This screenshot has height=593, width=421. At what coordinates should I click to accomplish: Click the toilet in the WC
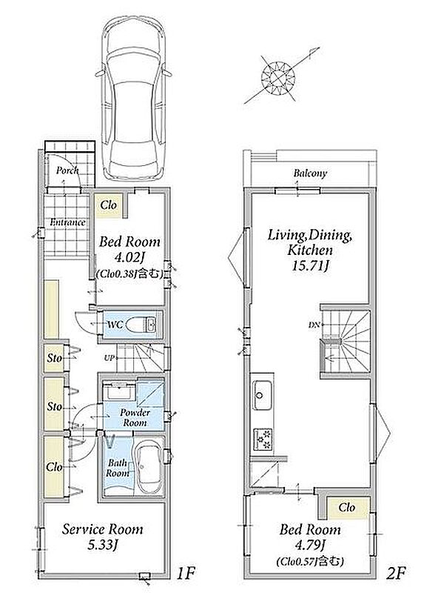(141, 325)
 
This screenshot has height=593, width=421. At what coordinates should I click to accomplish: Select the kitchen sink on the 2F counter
(262, 395)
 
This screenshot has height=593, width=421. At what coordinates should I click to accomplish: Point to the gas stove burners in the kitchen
(263, 439)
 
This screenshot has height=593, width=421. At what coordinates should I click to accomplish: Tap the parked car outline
(134, 99)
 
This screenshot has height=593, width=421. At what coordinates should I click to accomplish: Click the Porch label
(67, 170)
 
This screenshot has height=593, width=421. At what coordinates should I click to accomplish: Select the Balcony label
(310, 173)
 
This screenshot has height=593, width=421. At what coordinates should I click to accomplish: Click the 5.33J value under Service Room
(102, 545)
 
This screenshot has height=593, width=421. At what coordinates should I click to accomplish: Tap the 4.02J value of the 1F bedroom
(129, 257)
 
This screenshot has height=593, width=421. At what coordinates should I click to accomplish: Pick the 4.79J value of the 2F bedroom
(309, 545)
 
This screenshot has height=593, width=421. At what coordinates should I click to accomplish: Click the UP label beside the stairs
(109, 357)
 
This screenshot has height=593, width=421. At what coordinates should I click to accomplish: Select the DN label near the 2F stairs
(314, 325)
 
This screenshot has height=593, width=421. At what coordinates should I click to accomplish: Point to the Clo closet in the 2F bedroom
(347, 508)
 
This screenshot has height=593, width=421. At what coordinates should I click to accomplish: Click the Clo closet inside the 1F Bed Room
(108, 206)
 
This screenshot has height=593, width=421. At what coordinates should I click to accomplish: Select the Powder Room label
(135, 417)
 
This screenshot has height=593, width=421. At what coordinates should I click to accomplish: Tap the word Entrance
(67, 222)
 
